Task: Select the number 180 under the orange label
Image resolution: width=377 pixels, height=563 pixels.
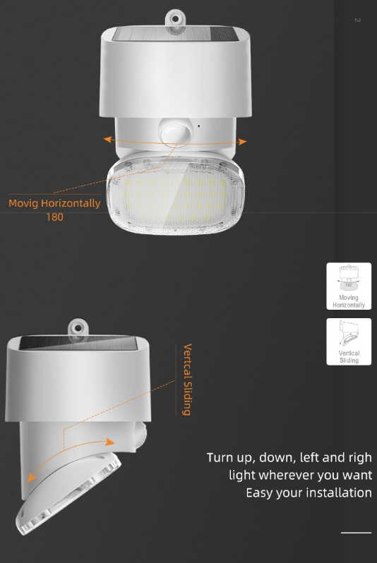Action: [x=54, y=217]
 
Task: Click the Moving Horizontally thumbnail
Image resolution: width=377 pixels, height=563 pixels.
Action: [x=349, y=286]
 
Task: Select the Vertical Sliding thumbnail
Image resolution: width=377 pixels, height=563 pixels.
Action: [x=349, y=341]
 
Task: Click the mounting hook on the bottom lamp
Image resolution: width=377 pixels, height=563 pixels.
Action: [x=78, y=329]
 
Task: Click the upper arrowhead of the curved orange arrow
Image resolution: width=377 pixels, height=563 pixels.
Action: [x=109, y=442]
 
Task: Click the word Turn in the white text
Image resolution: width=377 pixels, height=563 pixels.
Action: [x=220, y=458]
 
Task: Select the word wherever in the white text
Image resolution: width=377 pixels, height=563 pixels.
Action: [x=290, y=475]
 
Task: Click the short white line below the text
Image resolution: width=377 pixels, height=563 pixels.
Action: [x=356, y=533]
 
